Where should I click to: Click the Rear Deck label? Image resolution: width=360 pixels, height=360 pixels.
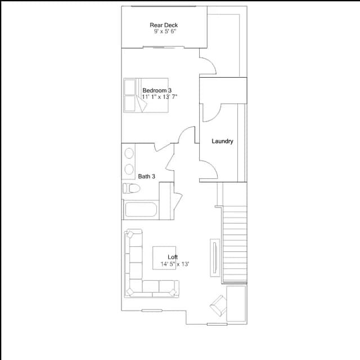tap(164, 25)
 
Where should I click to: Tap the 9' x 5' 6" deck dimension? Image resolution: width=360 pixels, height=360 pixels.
tap(165, 31)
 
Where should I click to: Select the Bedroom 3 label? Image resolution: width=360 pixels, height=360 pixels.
tap(157, 90)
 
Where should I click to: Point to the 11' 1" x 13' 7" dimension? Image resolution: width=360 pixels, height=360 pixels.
tap(160, 97)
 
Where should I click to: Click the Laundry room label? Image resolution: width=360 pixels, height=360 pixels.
tap(222, 141)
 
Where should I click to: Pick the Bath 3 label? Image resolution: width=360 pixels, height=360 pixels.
tap(146, 176)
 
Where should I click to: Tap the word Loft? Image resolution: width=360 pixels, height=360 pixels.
tap(173, 257)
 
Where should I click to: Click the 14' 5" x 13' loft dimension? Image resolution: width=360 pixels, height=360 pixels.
tap(175, 264)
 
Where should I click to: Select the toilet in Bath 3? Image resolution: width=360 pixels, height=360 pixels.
tap(131, 188)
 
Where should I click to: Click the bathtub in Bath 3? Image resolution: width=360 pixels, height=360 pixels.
tap(141, 209)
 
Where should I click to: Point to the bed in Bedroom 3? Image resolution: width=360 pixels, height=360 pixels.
tap(146, 95)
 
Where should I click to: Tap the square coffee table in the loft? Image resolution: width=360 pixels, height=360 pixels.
tap(164, 258)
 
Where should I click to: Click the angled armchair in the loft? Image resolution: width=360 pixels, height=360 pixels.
tap(218, 305)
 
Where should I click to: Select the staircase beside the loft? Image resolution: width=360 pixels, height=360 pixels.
tap(235, 244)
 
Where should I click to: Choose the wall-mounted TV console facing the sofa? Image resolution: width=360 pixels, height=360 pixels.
tap(215, 258)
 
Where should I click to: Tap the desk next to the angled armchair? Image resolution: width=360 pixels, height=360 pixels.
tap(236, 304)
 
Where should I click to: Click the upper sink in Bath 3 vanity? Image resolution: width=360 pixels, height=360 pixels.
tap(129, 153)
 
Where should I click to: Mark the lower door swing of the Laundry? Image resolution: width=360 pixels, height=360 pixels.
tap(208, 169)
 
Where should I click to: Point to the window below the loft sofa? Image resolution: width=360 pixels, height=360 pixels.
tap(152, 310)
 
